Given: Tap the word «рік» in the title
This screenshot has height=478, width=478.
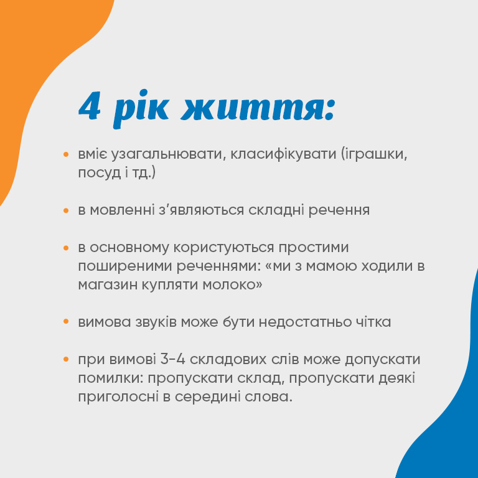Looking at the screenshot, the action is [140, 108].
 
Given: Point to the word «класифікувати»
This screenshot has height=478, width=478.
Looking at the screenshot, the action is [283, 153].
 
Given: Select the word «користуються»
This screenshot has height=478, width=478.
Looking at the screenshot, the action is [224, 248].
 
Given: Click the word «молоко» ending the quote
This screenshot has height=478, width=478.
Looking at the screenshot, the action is [230, 285].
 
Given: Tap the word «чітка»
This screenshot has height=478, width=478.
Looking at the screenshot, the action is [373, 322].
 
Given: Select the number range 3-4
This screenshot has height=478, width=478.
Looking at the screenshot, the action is [173, 359].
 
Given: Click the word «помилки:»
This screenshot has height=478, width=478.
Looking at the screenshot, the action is [111, 378].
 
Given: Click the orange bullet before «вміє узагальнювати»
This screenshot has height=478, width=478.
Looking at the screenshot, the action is [66, 154].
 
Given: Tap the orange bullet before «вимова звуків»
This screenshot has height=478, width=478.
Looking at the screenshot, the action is [66, 322].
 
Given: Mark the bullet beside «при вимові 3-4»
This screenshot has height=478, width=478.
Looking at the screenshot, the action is [66, 359].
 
